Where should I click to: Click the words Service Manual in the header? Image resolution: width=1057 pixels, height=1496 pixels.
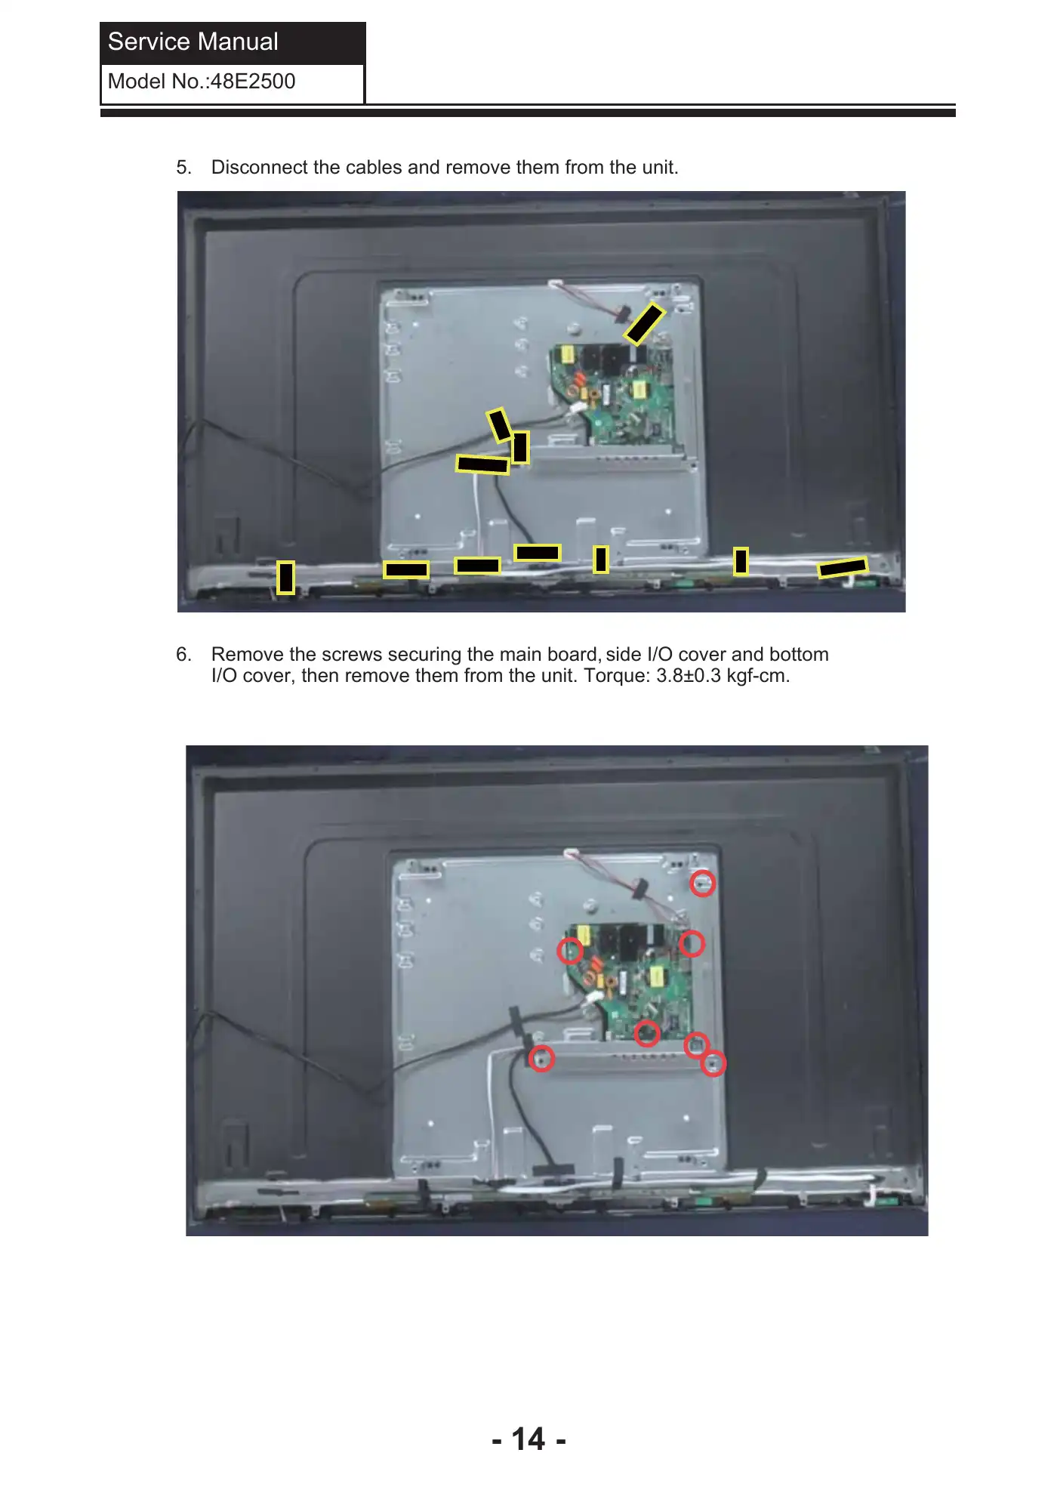193,42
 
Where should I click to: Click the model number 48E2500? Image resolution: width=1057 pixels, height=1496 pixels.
253,82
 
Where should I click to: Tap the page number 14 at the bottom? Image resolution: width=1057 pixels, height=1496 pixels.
528,1439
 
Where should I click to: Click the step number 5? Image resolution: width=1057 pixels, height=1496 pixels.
183,168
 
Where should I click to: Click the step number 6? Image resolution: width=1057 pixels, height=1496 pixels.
183,655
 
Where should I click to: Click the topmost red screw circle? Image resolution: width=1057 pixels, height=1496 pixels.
703,884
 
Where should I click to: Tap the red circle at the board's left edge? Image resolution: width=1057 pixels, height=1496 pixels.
570,951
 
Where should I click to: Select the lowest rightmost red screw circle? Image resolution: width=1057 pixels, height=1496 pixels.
713,1063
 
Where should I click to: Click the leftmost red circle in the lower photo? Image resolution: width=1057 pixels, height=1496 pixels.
541,1058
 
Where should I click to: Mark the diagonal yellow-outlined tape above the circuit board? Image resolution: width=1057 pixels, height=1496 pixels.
644,324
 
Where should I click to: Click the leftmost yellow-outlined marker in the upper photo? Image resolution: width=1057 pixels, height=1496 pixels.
285,578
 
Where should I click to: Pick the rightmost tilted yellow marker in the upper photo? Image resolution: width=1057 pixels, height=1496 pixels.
843,567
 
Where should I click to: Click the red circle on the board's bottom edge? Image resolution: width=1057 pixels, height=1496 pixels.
647,1033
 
